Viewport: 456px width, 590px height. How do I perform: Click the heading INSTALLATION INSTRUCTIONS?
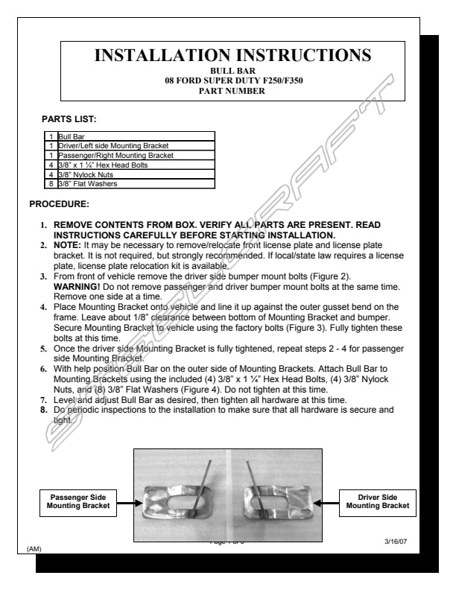234,55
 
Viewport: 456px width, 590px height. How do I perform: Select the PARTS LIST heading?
69,118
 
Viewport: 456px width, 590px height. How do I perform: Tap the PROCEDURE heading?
59,203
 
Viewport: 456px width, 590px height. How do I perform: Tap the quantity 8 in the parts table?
51,183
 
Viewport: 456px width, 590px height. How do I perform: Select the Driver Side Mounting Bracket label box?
378,501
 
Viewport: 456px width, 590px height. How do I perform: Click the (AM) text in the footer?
34,549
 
